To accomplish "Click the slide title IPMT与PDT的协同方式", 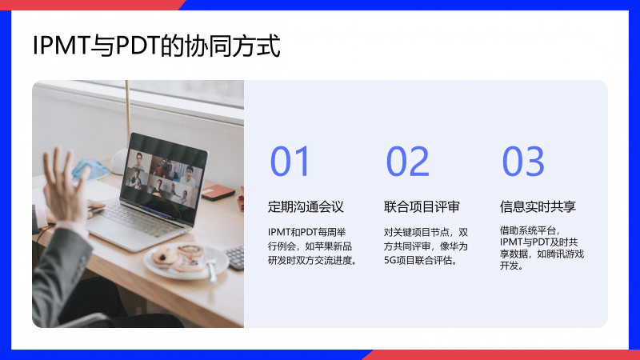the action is click(x=156, y=46).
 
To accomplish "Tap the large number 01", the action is click(x=290, y=162).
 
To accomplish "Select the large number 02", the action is click(x=407, y=162).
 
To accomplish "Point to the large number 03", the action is click(x=523, y=162).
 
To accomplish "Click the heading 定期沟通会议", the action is click(x=306, y=206).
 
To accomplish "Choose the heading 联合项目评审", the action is click(x=422, y=206).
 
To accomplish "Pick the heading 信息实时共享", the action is click(x=538, y=206).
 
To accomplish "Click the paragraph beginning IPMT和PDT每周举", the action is click(x=312, y=246).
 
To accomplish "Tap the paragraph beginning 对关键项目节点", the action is click(x=426, y=246).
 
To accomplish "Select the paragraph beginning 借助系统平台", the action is click(x=542, y=248).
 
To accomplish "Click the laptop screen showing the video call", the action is click(x=166, y=178).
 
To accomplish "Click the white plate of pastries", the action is click(x=186, y=262).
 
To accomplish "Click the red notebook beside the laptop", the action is click(x=218, y=192).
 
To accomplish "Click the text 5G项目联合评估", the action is click(x=420, y=261).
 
